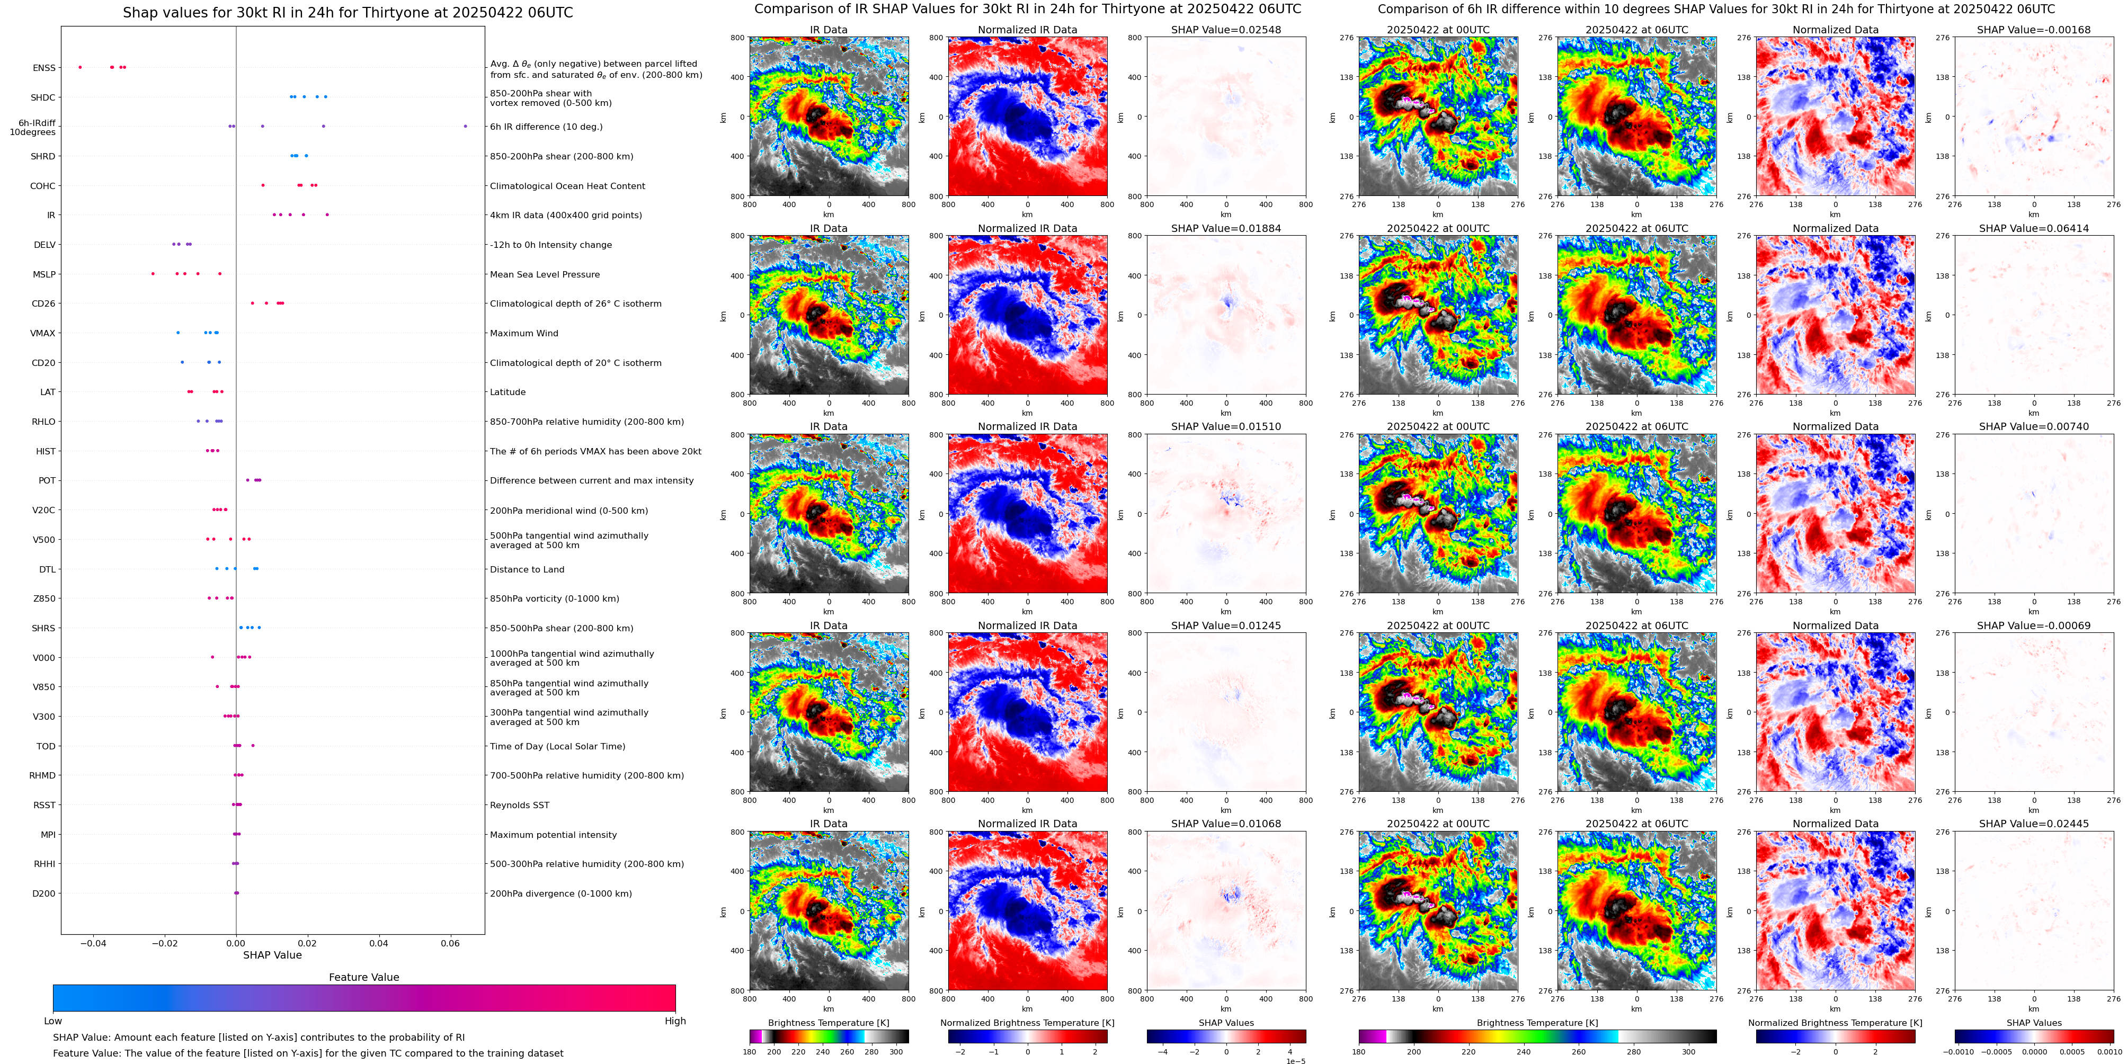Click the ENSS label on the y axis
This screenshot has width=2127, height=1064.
tap(44, 68)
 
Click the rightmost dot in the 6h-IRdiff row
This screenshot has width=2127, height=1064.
tap(465, 126)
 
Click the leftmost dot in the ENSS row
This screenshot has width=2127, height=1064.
tap(80, 67)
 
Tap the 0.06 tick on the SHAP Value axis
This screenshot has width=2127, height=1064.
tap(450, 943)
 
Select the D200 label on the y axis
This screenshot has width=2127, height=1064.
tap(44, 893)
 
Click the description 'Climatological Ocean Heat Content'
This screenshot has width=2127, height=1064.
tap(567, 186)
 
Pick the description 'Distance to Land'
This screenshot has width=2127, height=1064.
tap(527, 569)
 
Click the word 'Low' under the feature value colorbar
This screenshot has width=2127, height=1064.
tap(53, 1021)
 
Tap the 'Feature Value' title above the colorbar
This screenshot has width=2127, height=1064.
tap(363, 977)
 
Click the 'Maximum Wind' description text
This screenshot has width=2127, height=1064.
tap(523, 334)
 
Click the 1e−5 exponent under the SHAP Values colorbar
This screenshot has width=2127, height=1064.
tap(1295, 1061)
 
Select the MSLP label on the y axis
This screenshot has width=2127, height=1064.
tap(44, 274)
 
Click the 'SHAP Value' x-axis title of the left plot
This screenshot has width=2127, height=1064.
tap(272, 955)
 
